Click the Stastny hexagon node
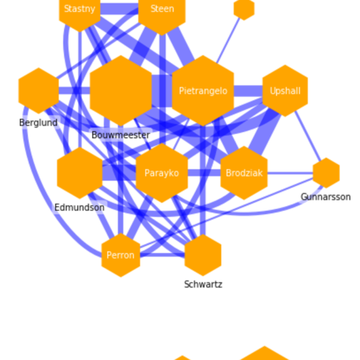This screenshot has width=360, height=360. click(x=80, y=10)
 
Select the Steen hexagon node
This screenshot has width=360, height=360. click(x=162, y=10)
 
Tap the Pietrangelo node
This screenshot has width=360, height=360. click(x=203, y=91)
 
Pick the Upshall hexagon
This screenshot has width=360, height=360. click(x=285, y=91)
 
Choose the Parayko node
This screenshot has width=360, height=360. click(x=161, y=173)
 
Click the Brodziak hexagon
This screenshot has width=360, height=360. click(x=244, y=173)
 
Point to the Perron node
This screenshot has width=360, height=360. click(x=121, y=255)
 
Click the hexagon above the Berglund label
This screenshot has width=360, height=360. click(x=38, y=91)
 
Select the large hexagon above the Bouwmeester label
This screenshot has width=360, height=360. click(x=121, y=91)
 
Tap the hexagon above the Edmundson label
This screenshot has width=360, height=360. click(x=80, y=173)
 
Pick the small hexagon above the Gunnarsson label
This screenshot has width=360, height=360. click(x=326, y=173)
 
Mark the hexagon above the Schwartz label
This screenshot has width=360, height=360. click(x=203, y=255)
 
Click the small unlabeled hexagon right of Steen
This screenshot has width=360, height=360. click(x=244, y=8)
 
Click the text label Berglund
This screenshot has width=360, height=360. click(x=38, y=123)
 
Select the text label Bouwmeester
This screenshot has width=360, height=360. click(x=121, y=135)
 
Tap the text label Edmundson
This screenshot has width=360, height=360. click(x=79, y=208)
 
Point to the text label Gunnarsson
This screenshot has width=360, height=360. click(x=326, y=197)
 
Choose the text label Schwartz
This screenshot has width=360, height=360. click(x=203, y=284)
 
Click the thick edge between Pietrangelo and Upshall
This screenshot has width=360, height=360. click(x=248, y=91)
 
